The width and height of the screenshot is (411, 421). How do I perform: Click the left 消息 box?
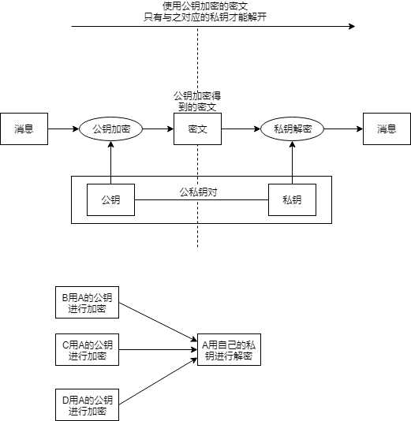[x=24, y=129]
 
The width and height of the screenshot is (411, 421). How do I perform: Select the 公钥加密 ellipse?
[x=110, y=129]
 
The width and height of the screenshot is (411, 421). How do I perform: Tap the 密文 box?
[x=197, y=129]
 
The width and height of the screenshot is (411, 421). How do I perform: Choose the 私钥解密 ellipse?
[x=292, y=129]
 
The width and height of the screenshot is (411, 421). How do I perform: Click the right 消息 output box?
[x=387, y=129]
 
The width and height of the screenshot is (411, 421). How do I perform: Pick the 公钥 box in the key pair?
[x=110, y=199]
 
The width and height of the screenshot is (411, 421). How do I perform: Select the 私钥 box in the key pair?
[x=292, y=199]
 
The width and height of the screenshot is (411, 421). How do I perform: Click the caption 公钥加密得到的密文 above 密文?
[x=197, y=101]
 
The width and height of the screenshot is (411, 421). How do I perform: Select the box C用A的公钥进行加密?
[x=87, y=351]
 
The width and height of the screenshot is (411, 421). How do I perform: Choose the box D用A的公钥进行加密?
[x=87, y=404]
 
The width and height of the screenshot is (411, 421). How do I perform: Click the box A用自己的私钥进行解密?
[x=229, y=350]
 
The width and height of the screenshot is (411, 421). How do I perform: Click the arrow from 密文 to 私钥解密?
[x=241, y=129]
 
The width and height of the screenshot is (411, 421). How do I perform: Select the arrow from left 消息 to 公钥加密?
[x=63, y=129]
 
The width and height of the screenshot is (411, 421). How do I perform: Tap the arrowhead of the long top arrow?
[x=351, y=26]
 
